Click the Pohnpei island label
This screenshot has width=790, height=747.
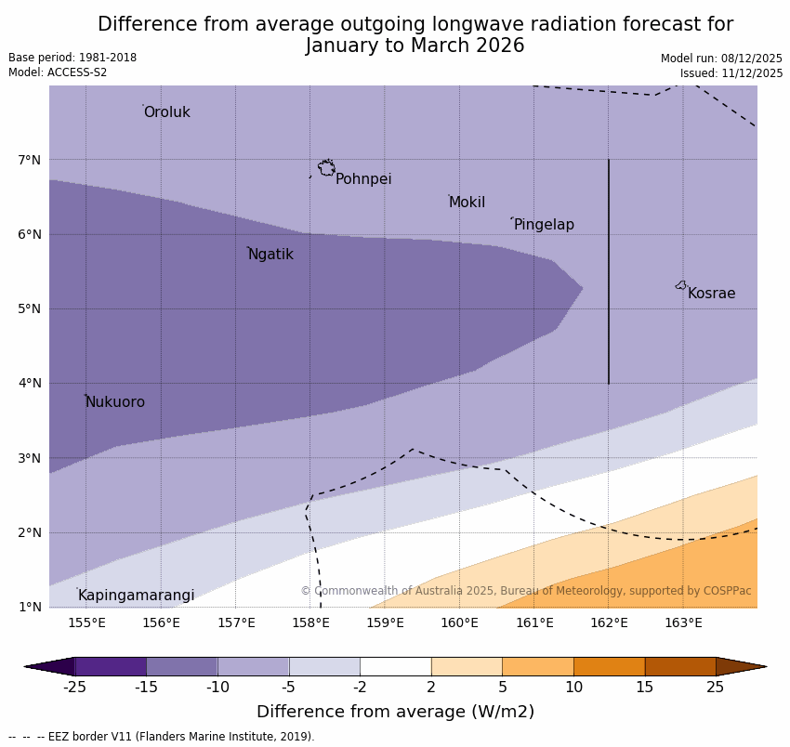tap(362, 179)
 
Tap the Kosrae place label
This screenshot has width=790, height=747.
tap(711, 294)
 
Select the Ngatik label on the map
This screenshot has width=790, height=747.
tap(270, 255)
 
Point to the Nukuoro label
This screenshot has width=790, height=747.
tap(115, 402)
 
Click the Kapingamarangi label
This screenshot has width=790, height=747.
tap(136, 596)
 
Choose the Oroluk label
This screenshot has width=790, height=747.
tap(166, 112)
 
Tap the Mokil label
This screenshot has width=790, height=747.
tap(467, 203)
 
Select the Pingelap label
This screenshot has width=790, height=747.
tap(544, 225)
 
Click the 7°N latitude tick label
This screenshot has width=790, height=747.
tap(30, 160)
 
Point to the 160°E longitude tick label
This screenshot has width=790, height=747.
tap(459, 622)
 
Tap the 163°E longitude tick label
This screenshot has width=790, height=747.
tap(683, 622)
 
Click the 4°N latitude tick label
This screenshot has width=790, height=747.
tap(30, 383)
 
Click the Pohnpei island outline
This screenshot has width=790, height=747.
tap(326, 168)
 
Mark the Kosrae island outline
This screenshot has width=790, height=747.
tap(681, 285)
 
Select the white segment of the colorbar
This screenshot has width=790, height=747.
tap(395, 666)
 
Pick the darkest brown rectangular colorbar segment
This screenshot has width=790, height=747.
tap(680, 666)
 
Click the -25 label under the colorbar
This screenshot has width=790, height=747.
tap(74, 688)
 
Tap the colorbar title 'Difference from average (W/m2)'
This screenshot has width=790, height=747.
tap(395, 712)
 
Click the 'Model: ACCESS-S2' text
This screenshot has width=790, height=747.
tap(58, 72)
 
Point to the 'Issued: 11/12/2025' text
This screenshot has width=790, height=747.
tap(731, 72)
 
